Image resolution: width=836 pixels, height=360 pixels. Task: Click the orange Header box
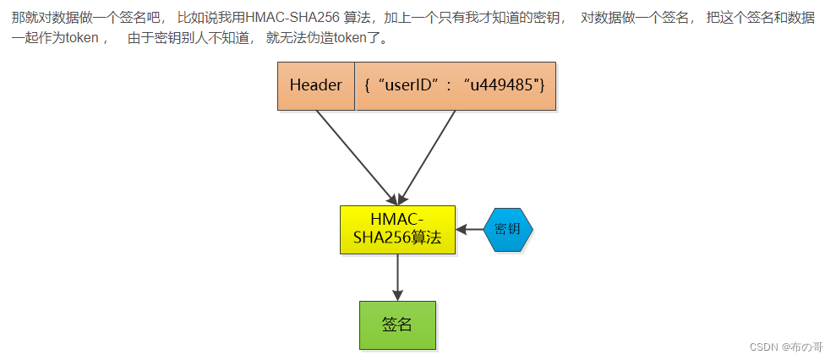pos(315,85)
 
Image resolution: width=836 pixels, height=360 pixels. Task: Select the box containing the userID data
pos(455,85)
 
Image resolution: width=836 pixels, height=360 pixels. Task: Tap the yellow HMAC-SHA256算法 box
pos(397,229)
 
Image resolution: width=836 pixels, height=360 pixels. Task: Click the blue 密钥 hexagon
pos(508,229)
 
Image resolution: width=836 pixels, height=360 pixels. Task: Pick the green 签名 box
pos(397,325)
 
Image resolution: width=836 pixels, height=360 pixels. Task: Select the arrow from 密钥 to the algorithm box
pos(469,229)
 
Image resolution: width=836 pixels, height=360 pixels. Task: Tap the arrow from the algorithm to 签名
pos(397,277)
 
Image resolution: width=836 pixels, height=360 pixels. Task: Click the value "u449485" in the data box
pos(507,85)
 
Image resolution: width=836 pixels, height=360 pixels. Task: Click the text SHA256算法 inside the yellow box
pos(397,237)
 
